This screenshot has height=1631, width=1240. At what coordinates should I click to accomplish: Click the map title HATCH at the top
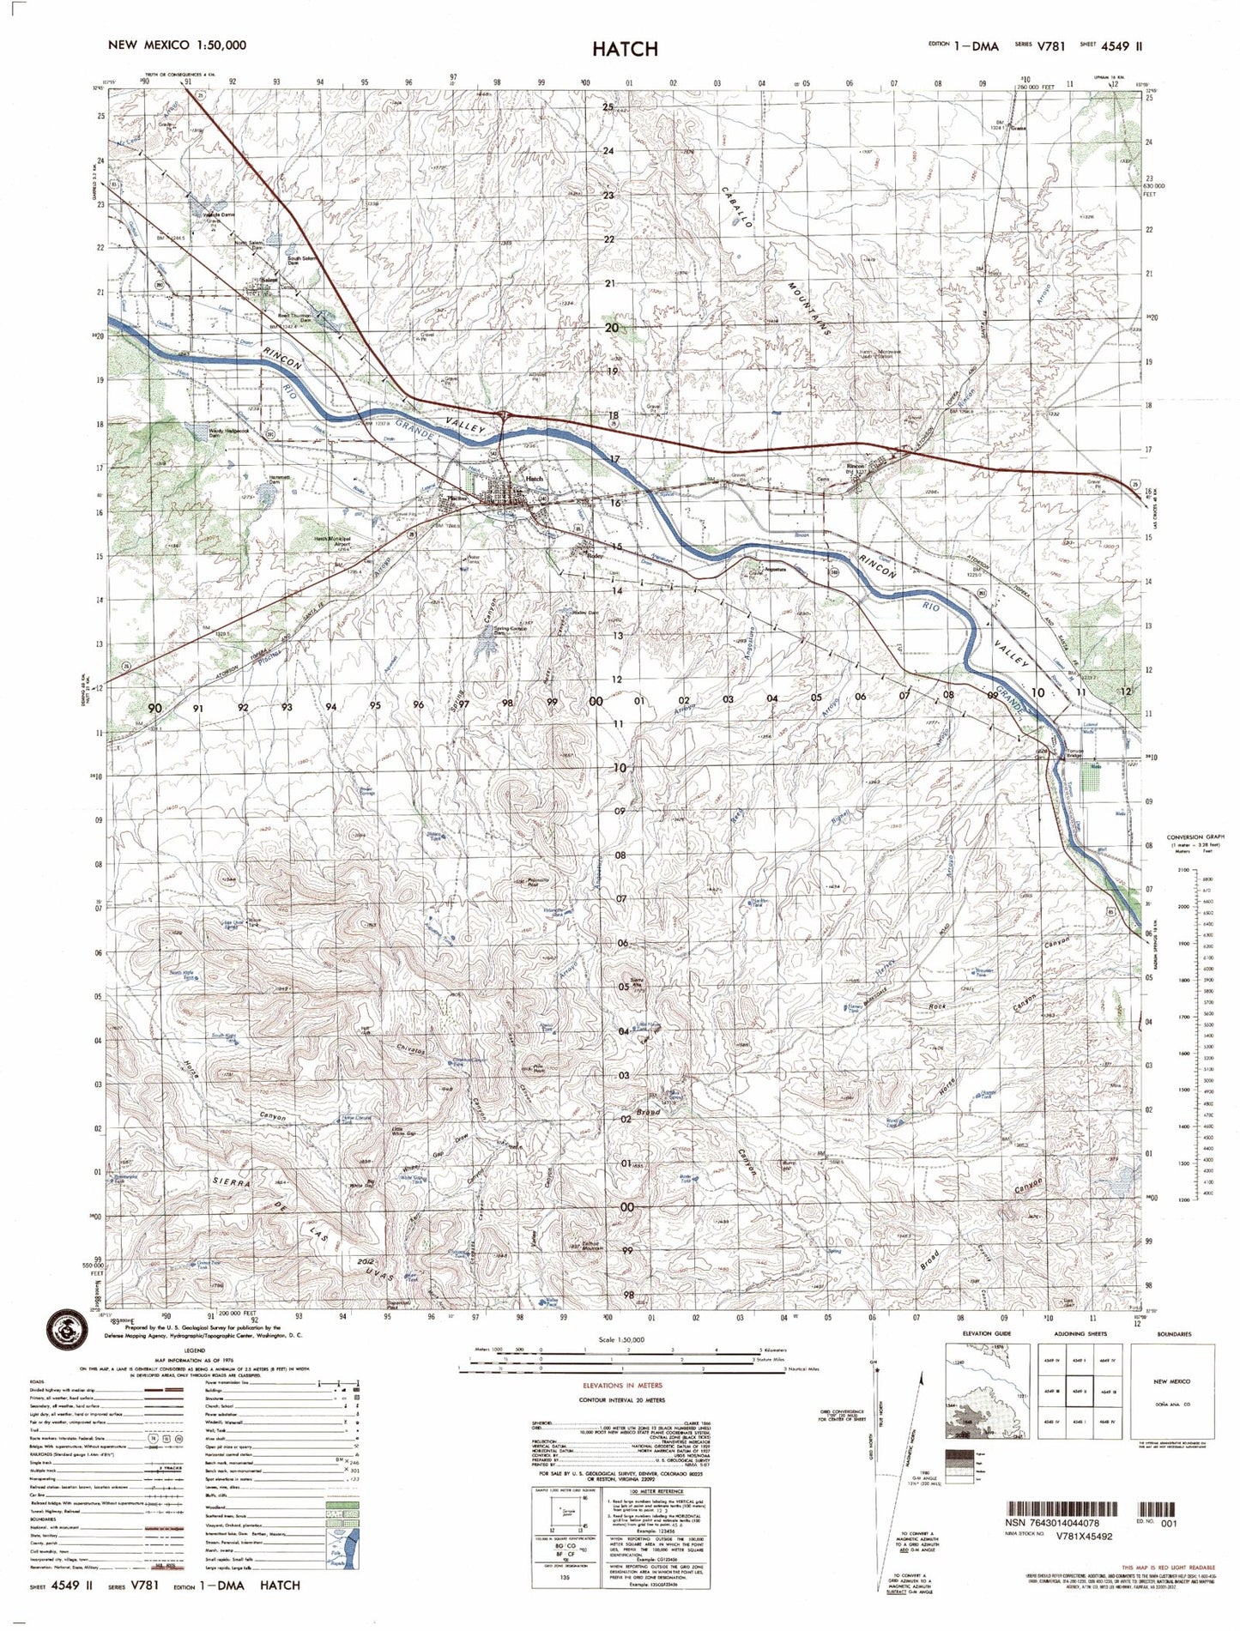pos(624,49)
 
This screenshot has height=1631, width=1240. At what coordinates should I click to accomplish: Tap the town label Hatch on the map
pos(535,479)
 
